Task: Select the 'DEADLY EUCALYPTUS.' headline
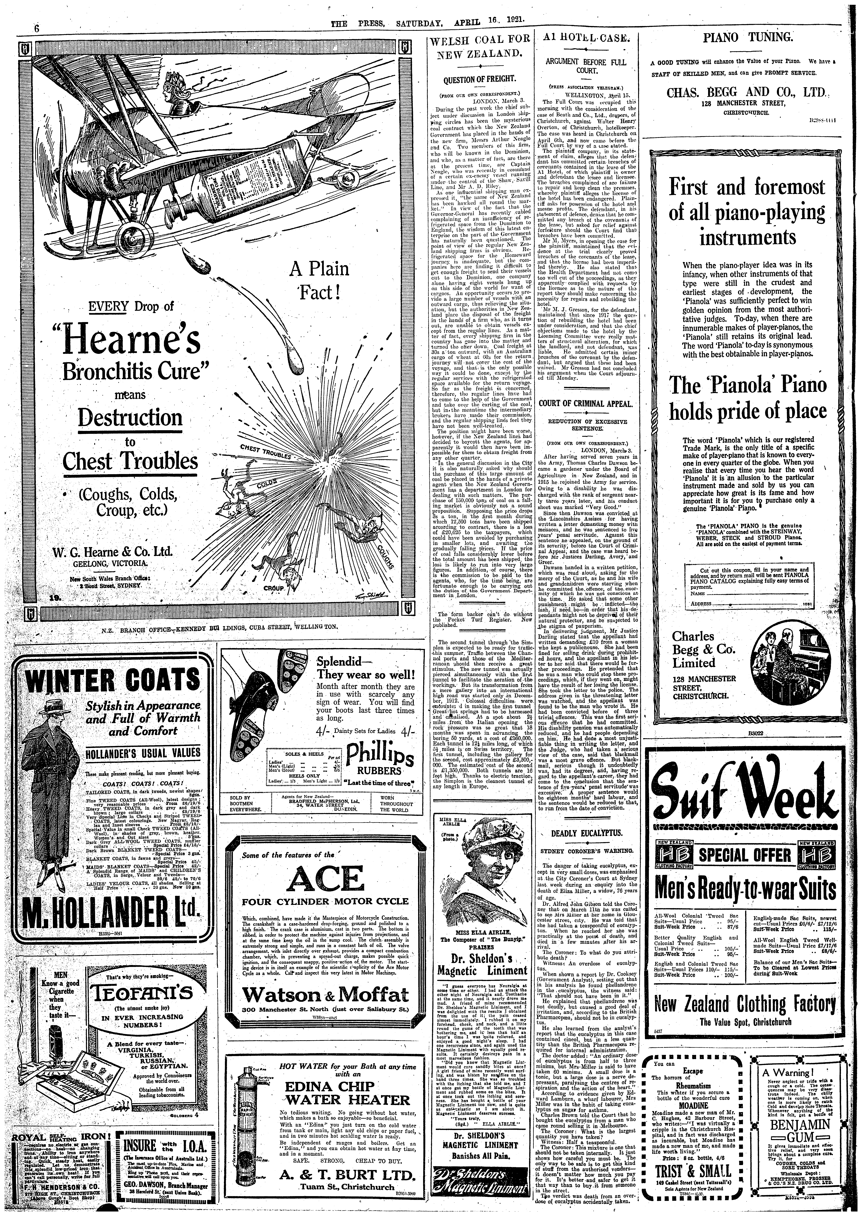(587, 834)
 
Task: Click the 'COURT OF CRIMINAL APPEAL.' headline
(587, 403)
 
